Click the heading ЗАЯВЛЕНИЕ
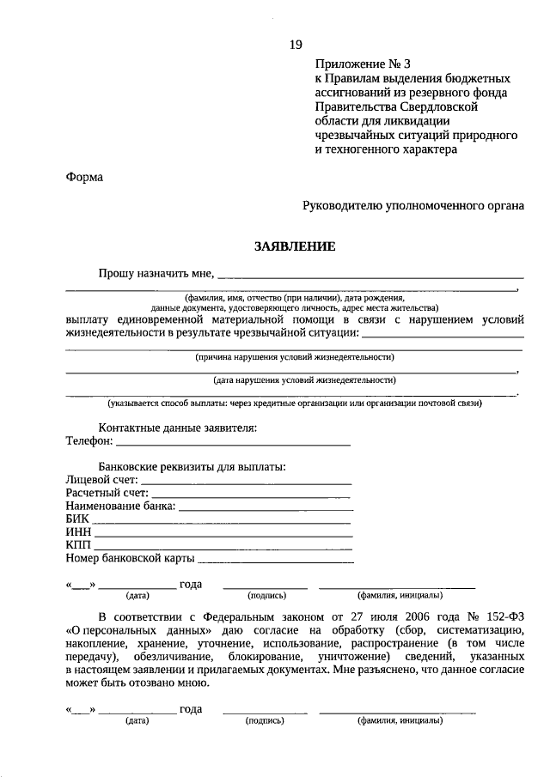coord(294,246)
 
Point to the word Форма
coord(84,178)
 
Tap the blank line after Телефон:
coord(233,444)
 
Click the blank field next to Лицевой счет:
coord(246,482)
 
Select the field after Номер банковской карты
coord(276,560)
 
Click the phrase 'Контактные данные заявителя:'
coord(178,428)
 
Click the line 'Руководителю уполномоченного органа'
coord(412,207)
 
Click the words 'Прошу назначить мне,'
coord(156,273)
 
